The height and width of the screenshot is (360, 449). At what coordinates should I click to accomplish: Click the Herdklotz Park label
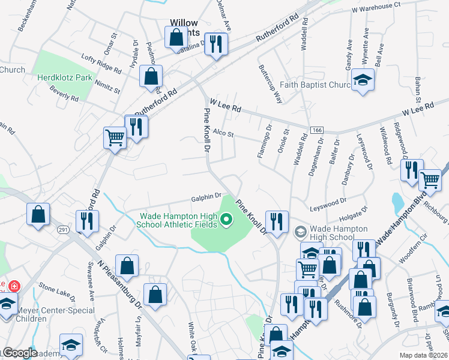64,77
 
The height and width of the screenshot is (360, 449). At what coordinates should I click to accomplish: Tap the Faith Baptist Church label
314,85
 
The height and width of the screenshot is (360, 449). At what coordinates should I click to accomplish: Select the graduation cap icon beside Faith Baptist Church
362,80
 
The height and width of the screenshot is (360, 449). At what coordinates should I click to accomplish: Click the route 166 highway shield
317,130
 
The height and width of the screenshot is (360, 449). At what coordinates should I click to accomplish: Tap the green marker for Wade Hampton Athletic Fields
226,221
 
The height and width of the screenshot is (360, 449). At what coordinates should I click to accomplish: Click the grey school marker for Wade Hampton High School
301,232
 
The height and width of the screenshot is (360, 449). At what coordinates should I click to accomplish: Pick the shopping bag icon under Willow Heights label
176,38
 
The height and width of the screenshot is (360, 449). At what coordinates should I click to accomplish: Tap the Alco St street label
223,134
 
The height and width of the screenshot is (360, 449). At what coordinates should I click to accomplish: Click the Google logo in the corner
19,353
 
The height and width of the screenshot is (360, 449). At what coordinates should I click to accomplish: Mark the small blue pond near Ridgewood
397,203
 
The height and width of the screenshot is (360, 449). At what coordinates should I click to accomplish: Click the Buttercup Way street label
270,85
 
